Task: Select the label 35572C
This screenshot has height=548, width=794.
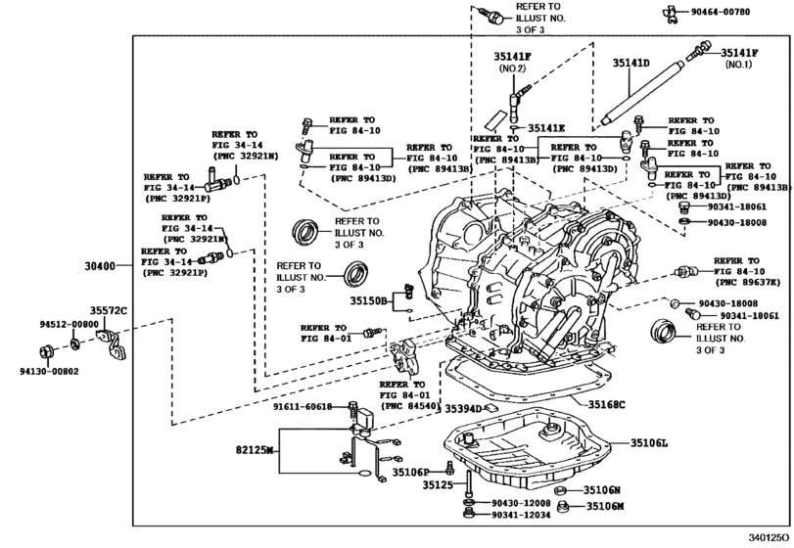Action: coord(110,311)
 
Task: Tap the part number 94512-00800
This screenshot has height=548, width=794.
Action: coord(70,324)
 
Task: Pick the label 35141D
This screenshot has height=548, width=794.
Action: coord(631,63)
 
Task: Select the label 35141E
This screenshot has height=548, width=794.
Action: coord(548,128)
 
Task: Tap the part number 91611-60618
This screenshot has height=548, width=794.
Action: coord(305,406)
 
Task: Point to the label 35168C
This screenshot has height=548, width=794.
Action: coord(607,404)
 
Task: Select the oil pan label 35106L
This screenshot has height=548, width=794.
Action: coord(647,443)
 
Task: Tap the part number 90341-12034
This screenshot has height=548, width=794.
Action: coord(522,515)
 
